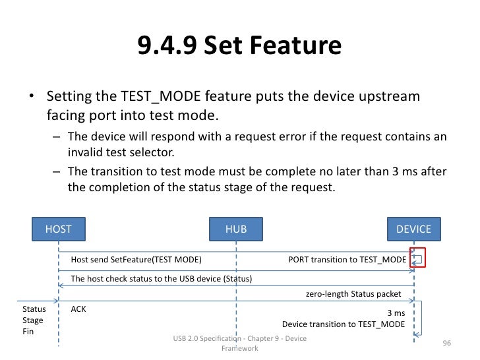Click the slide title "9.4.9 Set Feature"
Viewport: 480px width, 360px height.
(x=239, y=46)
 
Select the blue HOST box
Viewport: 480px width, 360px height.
(x=58, y=229)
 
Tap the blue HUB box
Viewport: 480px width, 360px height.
(x=236, y=229)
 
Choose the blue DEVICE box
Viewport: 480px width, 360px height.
(x=413, y=229)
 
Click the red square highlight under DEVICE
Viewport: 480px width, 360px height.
(x=417, y=258)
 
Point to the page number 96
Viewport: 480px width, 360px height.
(x=446, y=344)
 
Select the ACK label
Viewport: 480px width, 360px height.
(x=78, y=309)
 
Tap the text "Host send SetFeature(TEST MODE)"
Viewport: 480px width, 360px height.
(x=136, y=259)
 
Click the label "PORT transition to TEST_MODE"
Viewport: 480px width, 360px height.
(x=347, y=259)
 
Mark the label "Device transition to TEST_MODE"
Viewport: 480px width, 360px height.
(x=344, y=324)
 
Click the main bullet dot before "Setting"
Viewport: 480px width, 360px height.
(x=31, y=98)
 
